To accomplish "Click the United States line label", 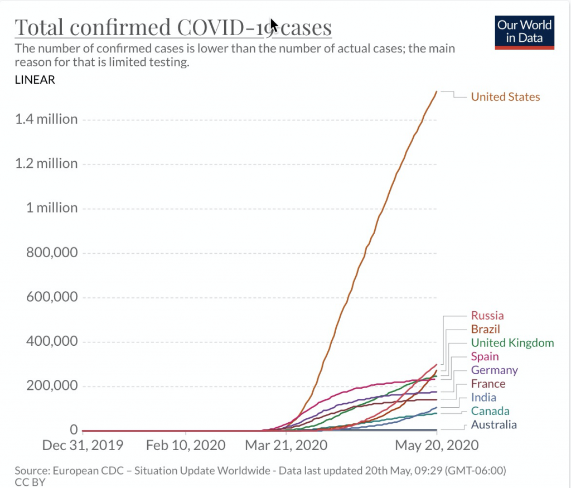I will pyautogui.click(x=505, y=97).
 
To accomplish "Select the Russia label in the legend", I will pyautogui.click(x=487, y=316).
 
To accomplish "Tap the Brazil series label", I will pyautogui.click(x=485, y=329).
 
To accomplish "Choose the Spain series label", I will pyautogui.click(x=485, y=356).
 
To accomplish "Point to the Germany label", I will pyautogui.click(x=494, y=370).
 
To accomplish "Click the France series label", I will pyautogui.click(x=488, y=384).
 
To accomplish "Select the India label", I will pyautogui.click(x=483, y=398).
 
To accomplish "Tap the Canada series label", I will pyautogui.click(x=490, y=411).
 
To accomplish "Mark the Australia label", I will pyautogui.click(x=493, y=425).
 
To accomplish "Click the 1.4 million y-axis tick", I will pyautogui.click(x=46, y=119).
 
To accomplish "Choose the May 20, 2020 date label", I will pyautogui.click(x=437, y=446).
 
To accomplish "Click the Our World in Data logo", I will pyautogui.click(x=525, y=32).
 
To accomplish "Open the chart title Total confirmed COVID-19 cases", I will pyautogui.click(x=173, y=27).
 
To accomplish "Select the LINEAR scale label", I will pyautogui.click(x=35, y=80).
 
